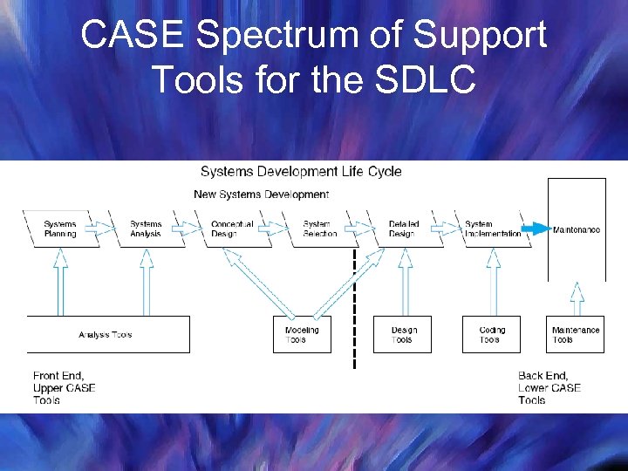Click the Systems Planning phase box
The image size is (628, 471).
(60, 229)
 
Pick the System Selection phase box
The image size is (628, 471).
(320, 229)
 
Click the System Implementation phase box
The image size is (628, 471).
(493, 229)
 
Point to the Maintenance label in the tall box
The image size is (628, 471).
(576, 230)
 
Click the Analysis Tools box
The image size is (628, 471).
(107, 335)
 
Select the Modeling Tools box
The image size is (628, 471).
(302, 335)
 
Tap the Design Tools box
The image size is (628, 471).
(402, 335)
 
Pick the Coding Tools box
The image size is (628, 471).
(491, 335)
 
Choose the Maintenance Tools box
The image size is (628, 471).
(576, 335)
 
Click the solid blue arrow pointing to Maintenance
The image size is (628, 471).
(536, 230)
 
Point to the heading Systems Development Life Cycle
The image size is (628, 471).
(301, 171)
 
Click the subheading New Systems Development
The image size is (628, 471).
(261, 194)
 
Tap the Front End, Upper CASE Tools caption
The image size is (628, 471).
(64, 387)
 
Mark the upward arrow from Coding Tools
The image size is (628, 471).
(492, 282)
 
